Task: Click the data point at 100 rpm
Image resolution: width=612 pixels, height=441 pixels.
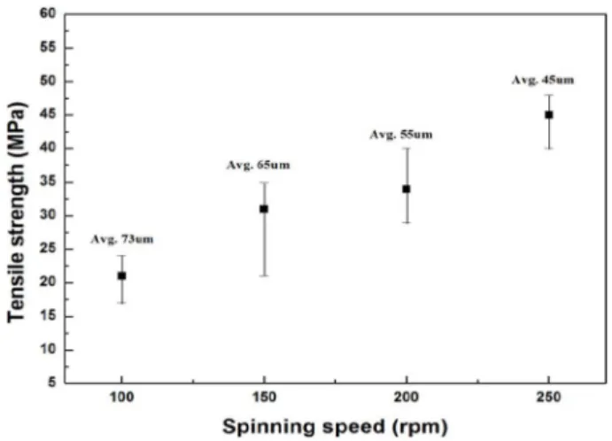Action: point(121,276)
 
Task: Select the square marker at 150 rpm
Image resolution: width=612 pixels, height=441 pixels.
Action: point(264,209)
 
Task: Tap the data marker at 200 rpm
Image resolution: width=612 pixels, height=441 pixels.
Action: point(407,189)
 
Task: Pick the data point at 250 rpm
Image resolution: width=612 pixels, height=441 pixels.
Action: point(549,115)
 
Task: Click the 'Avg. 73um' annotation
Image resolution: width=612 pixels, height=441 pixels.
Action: point(122,239)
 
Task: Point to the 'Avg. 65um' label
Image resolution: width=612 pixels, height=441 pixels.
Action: point(259,165)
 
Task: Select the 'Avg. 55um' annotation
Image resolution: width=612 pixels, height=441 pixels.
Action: point(401,135)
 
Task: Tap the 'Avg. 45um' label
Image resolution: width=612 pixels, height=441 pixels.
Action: point(543,80)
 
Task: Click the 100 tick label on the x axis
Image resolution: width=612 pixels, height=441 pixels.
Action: point(121,398)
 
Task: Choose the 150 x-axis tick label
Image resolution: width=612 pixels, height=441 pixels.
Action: point(264,398)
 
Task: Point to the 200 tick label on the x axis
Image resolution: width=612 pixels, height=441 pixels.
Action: point(407,398)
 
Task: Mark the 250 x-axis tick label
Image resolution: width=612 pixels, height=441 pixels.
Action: point(549,398)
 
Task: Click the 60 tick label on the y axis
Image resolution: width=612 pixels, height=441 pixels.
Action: point(48,14)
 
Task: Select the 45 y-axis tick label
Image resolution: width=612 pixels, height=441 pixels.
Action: point(48,115)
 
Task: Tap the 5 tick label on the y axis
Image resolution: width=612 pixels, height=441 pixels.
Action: point(52,383)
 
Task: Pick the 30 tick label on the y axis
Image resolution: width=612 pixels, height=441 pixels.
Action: point(48,215)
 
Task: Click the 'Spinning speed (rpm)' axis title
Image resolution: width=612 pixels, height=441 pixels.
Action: point(335,427)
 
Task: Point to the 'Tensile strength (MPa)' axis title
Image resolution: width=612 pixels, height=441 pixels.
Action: point(16,213)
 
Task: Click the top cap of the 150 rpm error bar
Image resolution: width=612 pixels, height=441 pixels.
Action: point(264,182)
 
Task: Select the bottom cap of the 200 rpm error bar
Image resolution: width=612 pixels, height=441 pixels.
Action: point(407,222)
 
